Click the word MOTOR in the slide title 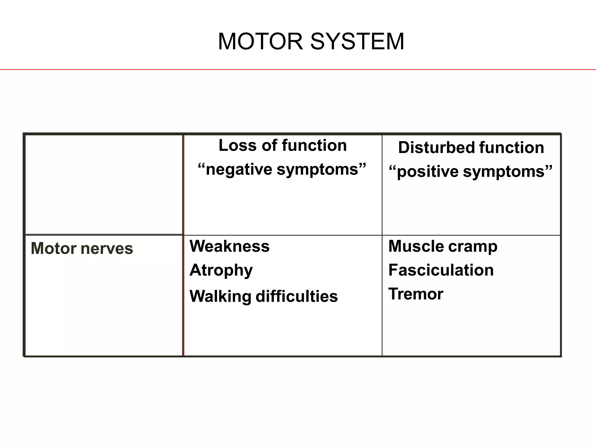[260, 42]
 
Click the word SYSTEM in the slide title [357, 42]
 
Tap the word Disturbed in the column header [436, 147]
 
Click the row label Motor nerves [82, 249]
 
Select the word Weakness [229, 246]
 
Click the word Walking [220, 297]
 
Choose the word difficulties [297, 296]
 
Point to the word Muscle [416, 246]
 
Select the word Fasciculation [441, 270]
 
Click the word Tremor [416, 294]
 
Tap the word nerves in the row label [107, 249]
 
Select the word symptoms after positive [504, 172]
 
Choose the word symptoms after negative [317, 170]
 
